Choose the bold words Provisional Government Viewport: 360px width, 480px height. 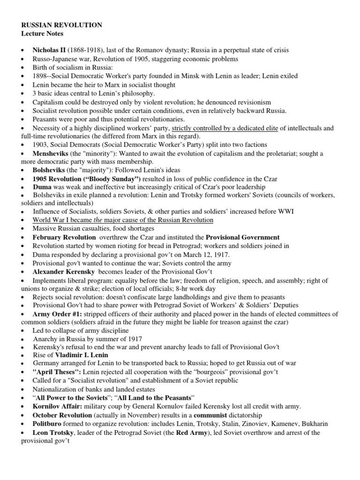click(242, 237)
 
